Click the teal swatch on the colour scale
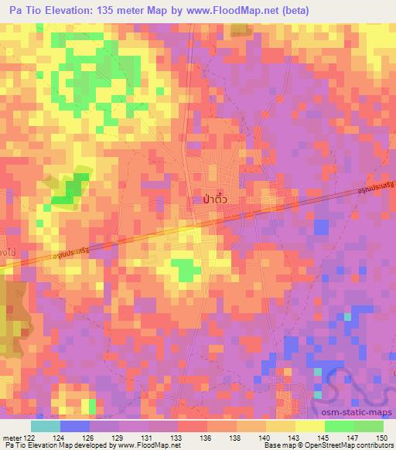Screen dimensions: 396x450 point(46,427)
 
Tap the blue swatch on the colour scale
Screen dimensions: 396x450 point(75,427)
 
